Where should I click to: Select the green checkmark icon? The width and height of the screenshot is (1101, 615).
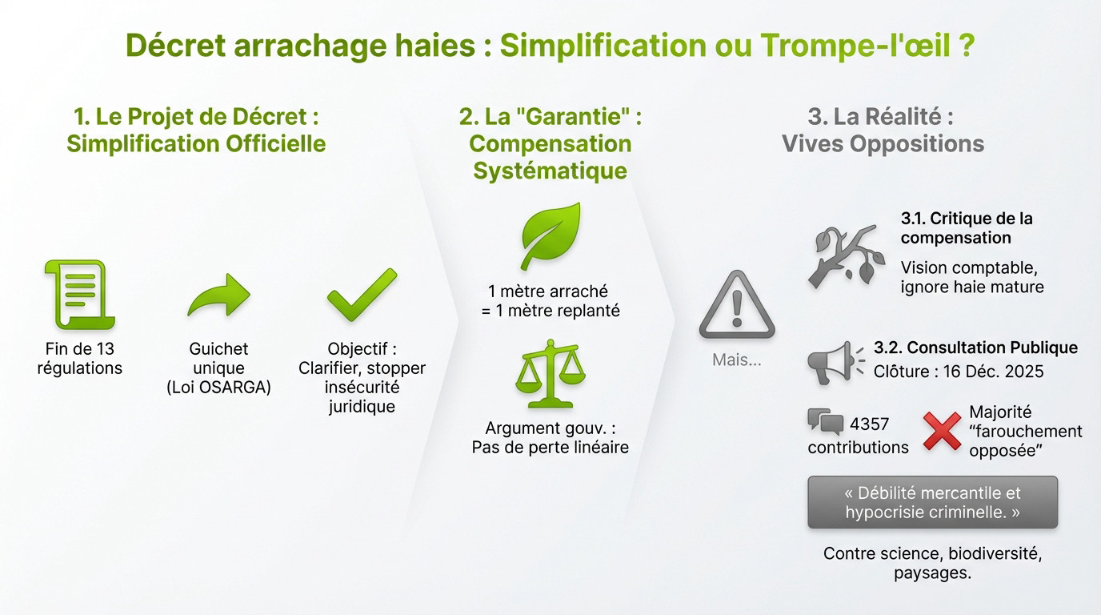coord(362,295)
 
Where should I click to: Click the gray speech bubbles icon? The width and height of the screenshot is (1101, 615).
coord(826,421)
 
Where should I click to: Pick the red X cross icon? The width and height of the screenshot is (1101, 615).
coord(942,431)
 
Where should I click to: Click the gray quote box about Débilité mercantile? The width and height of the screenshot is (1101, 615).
coord(932,502)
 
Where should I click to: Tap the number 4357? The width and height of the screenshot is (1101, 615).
coord(869,424)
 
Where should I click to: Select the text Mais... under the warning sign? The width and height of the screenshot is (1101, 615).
coord(736,360)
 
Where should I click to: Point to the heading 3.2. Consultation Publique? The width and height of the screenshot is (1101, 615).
coord(975,348)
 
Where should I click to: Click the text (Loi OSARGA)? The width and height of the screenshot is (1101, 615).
coord(218,388)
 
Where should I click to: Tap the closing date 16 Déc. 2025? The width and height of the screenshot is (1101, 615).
coord(987,372)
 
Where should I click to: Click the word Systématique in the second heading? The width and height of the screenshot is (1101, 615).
coord(550,171)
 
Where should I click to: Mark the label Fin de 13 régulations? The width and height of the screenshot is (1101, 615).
coord(79,359)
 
